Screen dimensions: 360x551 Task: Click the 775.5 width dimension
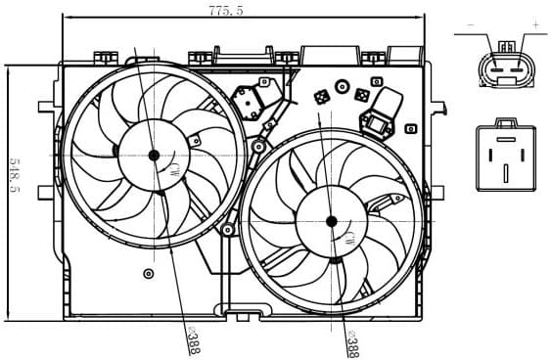[226, 10]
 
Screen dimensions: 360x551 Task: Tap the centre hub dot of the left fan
[154, 154]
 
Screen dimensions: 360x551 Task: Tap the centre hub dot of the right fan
[331, 221]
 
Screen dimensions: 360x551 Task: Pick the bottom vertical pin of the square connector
[505, 173]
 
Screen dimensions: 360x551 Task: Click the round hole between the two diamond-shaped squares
[342, 87]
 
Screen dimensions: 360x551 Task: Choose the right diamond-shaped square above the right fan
[362, 96]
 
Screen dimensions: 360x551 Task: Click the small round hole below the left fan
[148, 273]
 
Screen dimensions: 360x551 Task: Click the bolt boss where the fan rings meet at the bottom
[228, 230]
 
